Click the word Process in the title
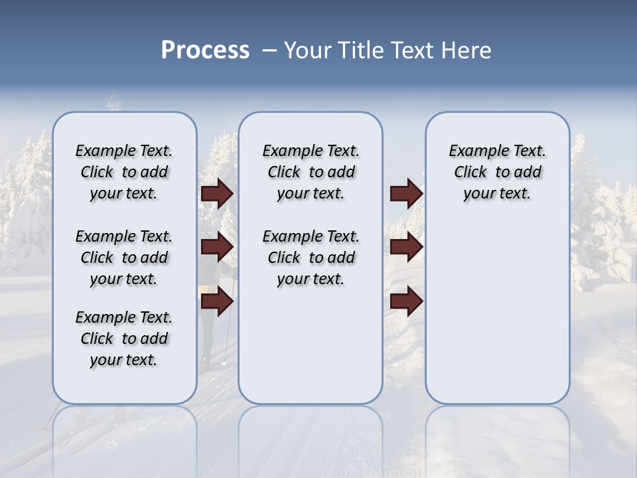[205, 50]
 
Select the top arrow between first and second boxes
[217, 194]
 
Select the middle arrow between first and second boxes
[217, 247]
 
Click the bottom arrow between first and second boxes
[217, 301]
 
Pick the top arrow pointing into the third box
[406, 194]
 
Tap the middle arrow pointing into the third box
[406, 247]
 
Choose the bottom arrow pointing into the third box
[406, 301]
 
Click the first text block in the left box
[124, 172]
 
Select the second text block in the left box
[124, 258]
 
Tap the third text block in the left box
[124, 339]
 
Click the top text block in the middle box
[311, 172]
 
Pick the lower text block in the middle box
[311, 258]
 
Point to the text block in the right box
[497, 172]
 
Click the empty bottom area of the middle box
[311, 352]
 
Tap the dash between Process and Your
[269, 50]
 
